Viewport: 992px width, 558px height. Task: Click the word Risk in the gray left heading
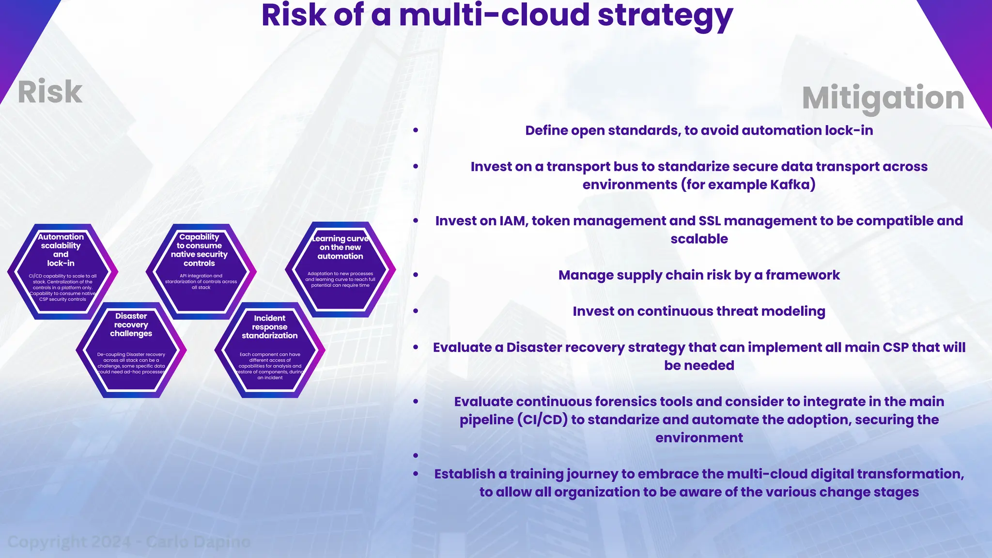coord(50,92)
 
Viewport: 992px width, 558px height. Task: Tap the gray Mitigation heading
coord(883,98)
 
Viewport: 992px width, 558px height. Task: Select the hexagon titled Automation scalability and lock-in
coord(62,271)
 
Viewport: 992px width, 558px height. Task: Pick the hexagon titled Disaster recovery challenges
coord(131,350)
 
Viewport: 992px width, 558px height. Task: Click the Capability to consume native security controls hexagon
coord(201,271)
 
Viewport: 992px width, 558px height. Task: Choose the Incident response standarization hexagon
coord(270,350)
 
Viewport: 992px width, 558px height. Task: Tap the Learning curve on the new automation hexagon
coord(340,269)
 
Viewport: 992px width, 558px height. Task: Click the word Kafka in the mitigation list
coord(790,185)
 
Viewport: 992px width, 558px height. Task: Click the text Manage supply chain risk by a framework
coord(698,275)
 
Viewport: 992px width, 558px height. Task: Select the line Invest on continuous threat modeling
coord(698,311)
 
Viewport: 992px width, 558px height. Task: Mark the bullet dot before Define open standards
coord(416,130)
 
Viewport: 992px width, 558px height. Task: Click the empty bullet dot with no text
coord(416,455)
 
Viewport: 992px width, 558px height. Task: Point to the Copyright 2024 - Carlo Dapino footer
coord(129,542)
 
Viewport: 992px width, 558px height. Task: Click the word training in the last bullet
coord(538,474)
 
